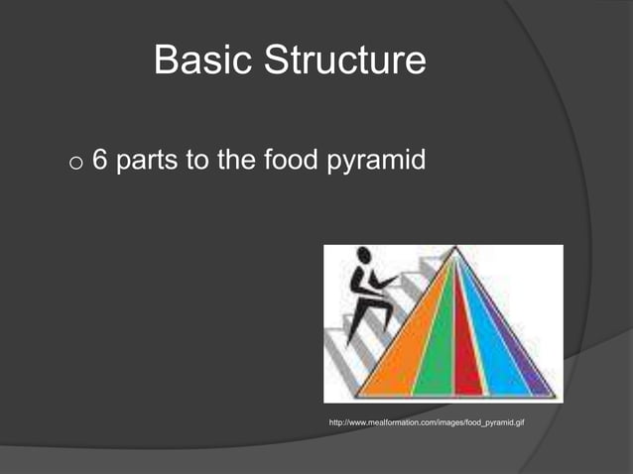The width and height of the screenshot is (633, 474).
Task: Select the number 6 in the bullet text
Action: [99, 161]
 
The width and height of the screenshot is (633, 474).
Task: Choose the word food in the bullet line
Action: [294, 161]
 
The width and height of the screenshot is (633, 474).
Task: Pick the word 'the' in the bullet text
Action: [237, 161]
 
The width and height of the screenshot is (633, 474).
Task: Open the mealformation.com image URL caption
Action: [427, 423]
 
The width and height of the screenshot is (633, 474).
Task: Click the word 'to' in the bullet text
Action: [197, 162]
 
